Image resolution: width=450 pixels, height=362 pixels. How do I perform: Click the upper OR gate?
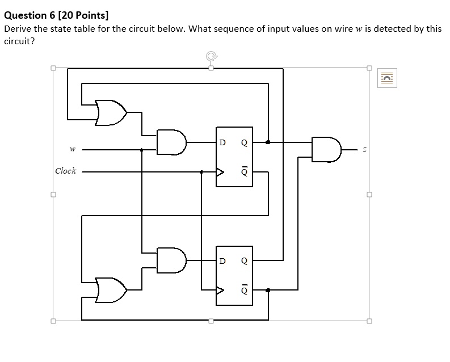[x=111, y=112]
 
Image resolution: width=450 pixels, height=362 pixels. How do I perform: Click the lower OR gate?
[x=111, y=290]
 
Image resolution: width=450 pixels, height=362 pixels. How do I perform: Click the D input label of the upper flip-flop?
[x=222, y=142]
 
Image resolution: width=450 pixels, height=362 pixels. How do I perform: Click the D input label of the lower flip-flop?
[x=222, y=261]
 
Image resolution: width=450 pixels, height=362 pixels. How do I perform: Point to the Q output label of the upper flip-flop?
[x=245, y=142]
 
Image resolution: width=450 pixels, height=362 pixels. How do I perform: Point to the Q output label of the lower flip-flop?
[x=245, y=261]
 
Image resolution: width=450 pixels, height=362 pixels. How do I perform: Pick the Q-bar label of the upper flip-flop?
[x=245, y=171]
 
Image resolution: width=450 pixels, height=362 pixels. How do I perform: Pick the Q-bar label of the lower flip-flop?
[x=245, y=289]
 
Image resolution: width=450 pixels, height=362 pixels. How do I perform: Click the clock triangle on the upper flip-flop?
[x=220, y=171]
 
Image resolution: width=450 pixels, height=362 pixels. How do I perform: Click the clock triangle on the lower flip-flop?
[x=220, y=289]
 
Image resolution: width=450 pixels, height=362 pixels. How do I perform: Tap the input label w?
[x=72, y=150]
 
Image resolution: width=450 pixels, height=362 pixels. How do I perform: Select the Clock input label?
[x=65, y=171]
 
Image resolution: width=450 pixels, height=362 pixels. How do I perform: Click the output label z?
[x=365, y=150]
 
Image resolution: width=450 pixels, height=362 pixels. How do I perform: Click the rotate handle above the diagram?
[x=211, y=56]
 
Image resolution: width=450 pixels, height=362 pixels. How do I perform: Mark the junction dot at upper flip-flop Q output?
[x=268, y=142]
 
